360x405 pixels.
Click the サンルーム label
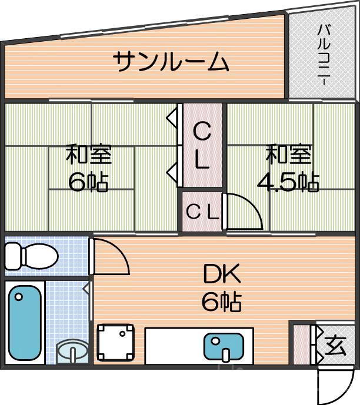(x=170, y=61)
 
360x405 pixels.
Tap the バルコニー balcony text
(x=324, y=55)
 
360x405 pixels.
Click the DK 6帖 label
(x=222, y=288)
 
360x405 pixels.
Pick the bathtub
(x=25, y=323)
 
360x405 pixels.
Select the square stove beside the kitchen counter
(x=115, y=342)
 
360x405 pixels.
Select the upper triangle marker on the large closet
(x=171, y=116)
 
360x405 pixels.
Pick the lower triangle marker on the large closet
(x=171, y=172)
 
